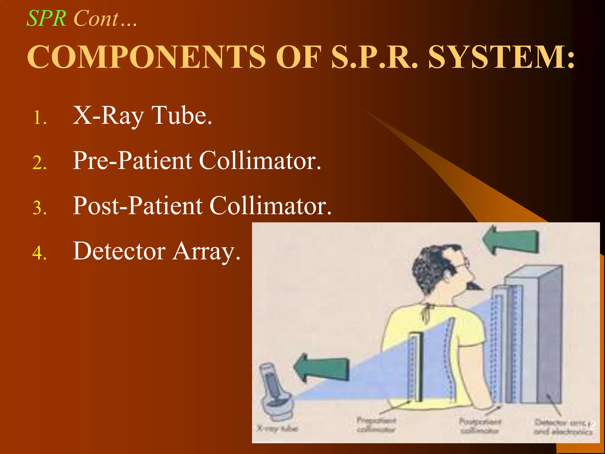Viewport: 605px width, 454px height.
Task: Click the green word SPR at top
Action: (x=46, y=19)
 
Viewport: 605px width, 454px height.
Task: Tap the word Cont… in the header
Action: (x=105, y=19)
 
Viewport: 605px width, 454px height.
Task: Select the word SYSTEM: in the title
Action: (x=501, y=57)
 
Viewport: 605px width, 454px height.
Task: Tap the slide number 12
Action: (x=590, y=426)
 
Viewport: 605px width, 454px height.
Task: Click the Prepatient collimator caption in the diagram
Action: (x=376, y=424)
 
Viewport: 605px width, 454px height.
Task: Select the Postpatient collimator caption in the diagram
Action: (x=480, y=426)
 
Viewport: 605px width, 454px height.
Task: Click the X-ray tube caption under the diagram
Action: (x=277, y=428)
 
